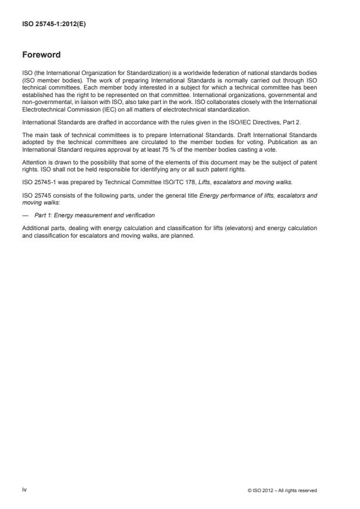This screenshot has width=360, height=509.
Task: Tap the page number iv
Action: pyautogui.click(x=24, y=490)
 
